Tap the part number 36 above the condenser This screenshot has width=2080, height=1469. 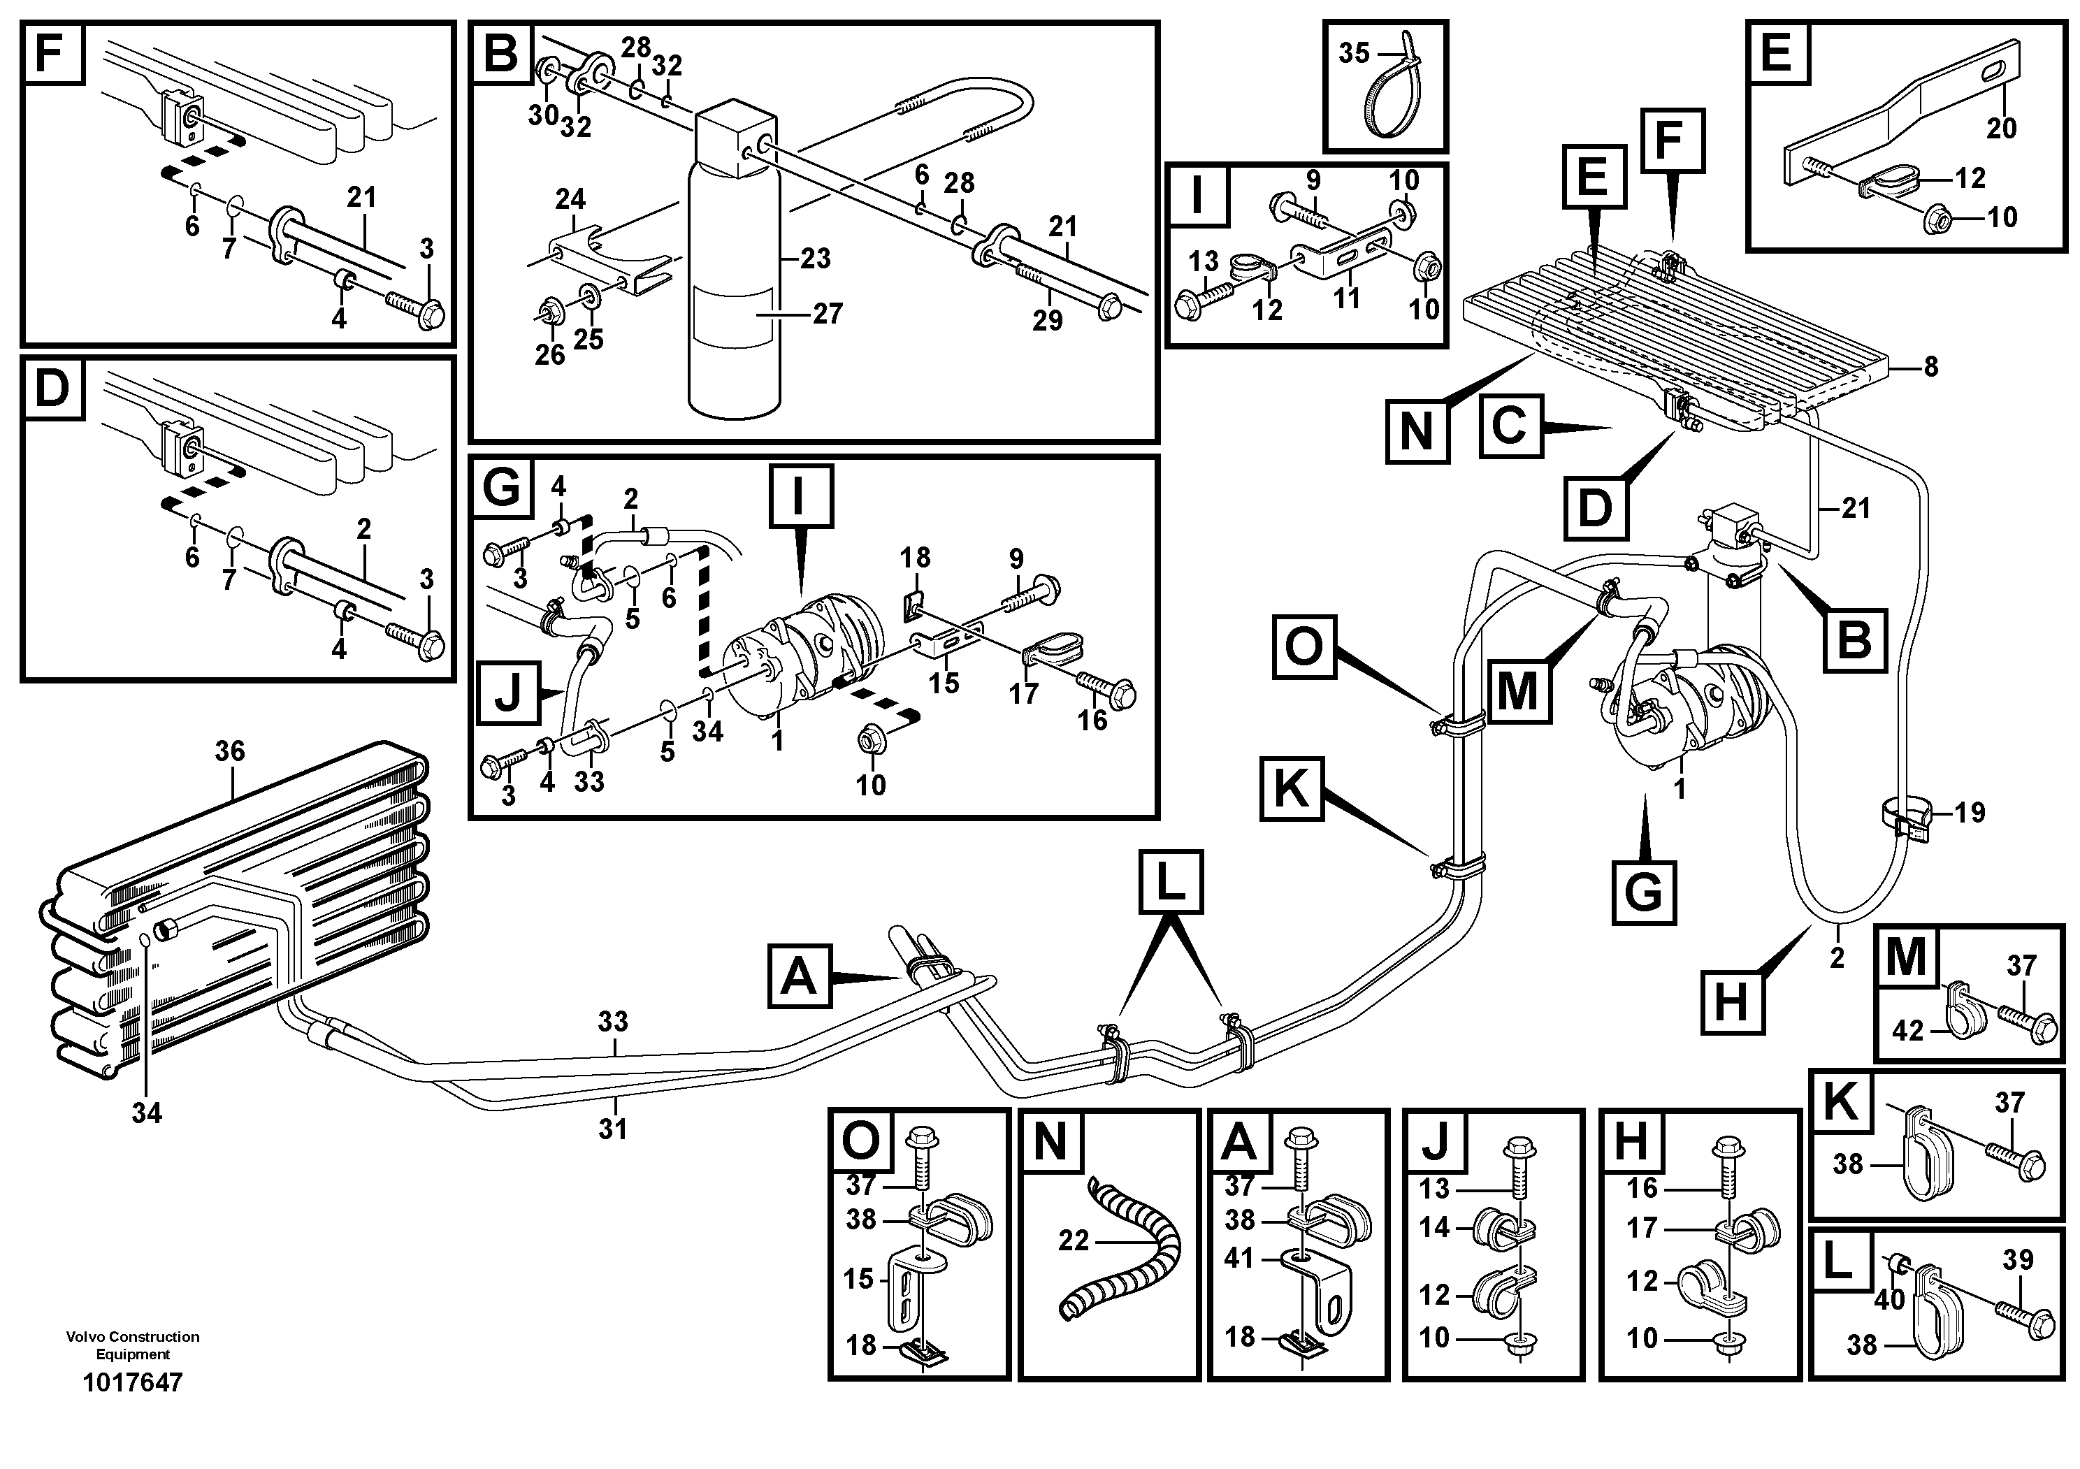[230, 751]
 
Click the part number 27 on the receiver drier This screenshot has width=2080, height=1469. [827, 313]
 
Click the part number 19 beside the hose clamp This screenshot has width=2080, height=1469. [1970, 812]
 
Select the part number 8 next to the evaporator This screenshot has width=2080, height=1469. [1930, 367]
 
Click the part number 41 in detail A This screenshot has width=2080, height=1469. [1239, 1258]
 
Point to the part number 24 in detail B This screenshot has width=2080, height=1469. [571, 199]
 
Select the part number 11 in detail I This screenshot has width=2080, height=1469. [1346, 298]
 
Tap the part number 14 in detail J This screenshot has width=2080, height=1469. [1435, 1227]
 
